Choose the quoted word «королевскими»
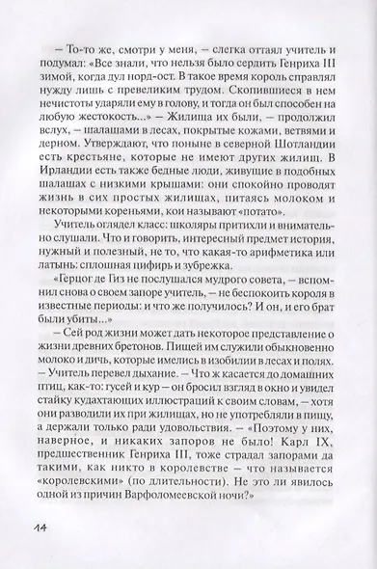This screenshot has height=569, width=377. (89, 480)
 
